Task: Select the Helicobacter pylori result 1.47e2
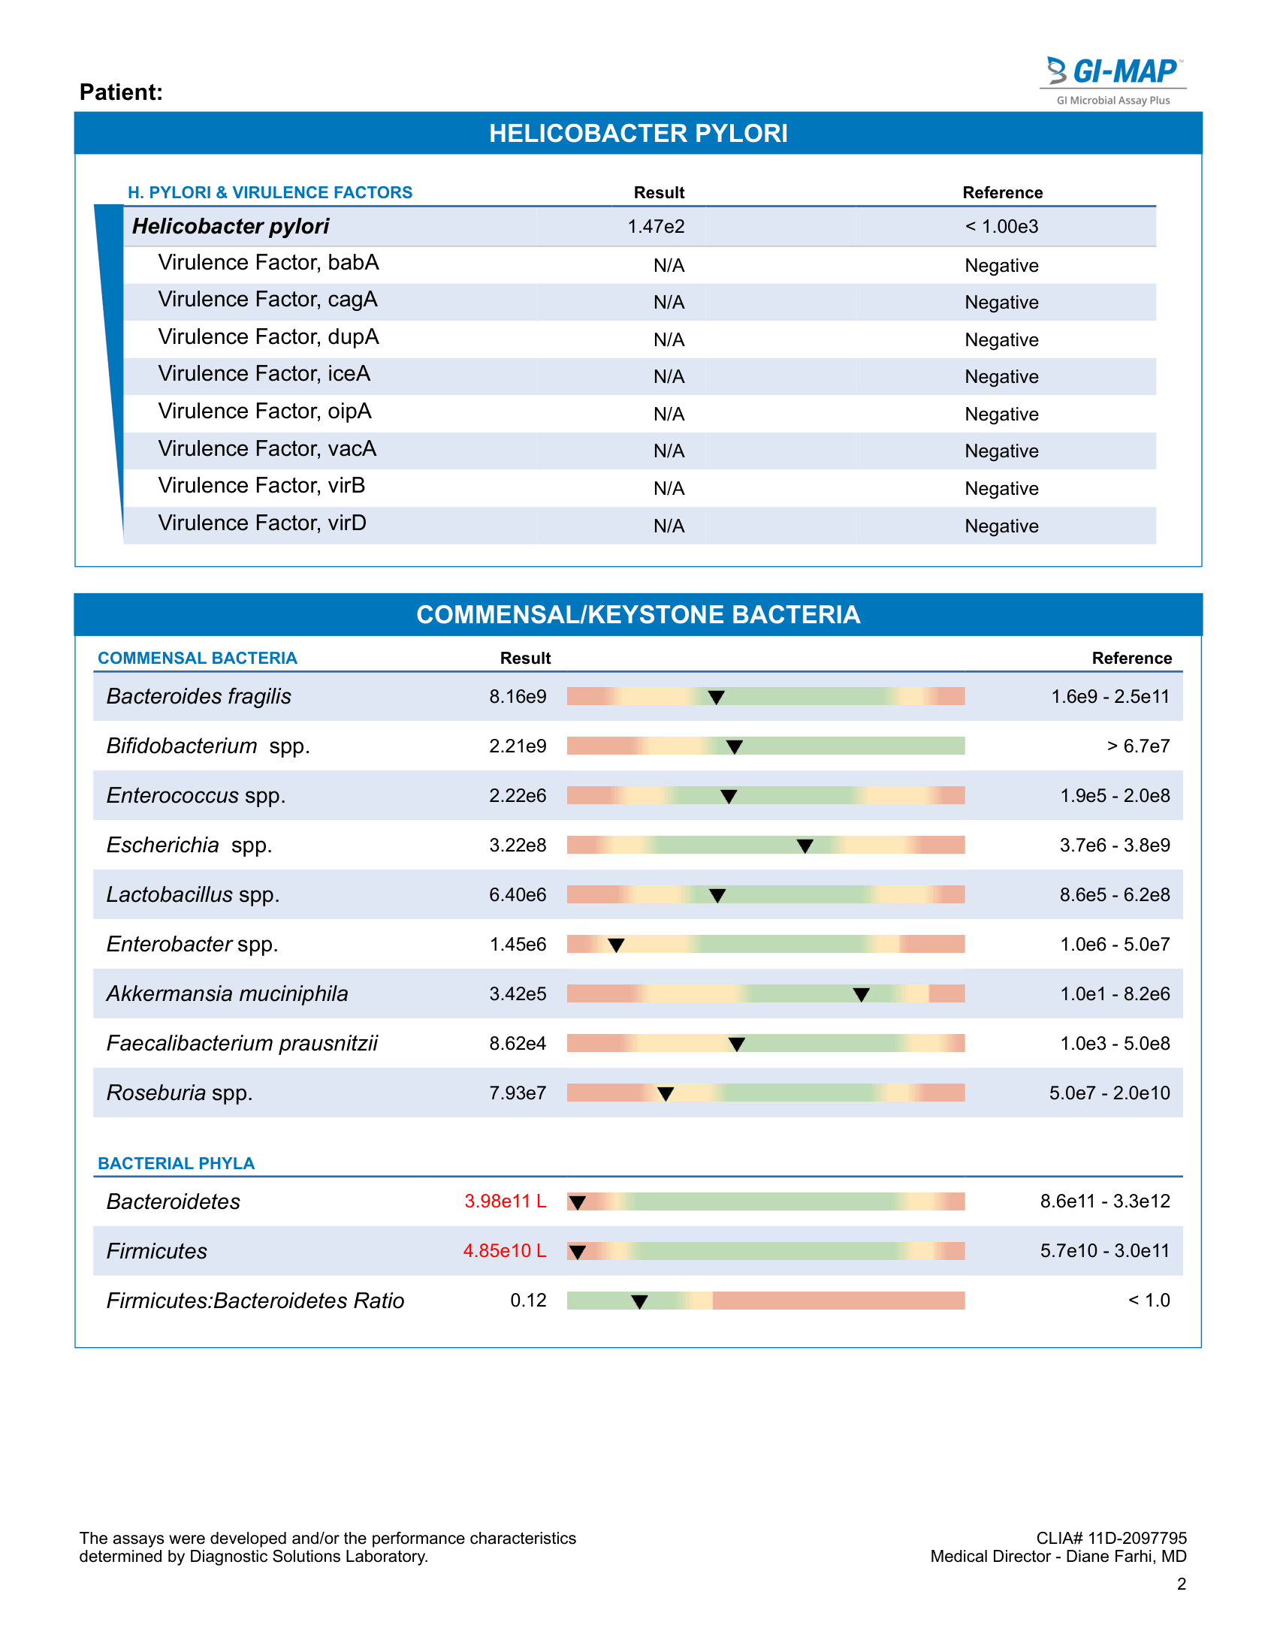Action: click(656, 226)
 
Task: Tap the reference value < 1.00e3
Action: click(1001, 226)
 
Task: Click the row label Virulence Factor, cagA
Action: click(268, 300)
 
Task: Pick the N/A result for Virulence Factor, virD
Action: click(669, 526)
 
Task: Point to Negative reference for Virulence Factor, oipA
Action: click(1001, 414)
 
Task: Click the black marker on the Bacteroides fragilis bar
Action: click(716, 698)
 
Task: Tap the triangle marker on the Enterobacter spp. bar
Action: click(617, 945)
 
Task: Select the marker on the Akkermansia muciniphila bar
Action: click(861, 995)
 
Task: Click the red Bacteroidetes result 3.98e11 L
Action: click(506, 1201)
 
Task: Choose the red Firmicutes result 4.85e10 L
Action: click(505, 1250)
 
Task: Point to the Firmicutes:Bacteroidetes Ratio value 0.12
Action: click(528, 1301)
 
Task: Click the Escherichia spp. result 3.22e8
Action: click(518, 845)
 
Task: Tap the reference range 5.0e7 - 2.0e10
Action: click(1109, 1093)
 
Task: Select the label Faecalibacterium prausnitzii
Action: click(242, 1044)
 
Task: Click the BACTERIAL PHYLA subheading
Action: click(177, 1163)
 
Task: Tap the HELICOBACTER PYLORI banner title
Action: click(638, 133)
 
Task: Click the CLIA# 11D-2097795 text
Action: click(1111, 1538)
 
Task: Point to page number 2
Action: click(1182, 1584)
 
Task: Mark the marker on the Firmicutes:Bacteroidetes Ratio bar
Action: click(639, 1302)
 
